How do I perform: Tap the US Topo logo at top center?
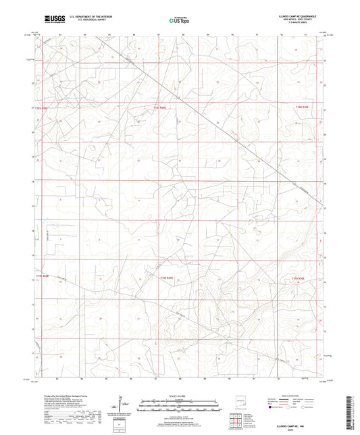coord(178,20)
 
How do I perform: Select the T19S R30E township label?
coord(299,276)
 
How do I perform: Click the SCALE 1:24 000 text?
coord(179,394)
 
